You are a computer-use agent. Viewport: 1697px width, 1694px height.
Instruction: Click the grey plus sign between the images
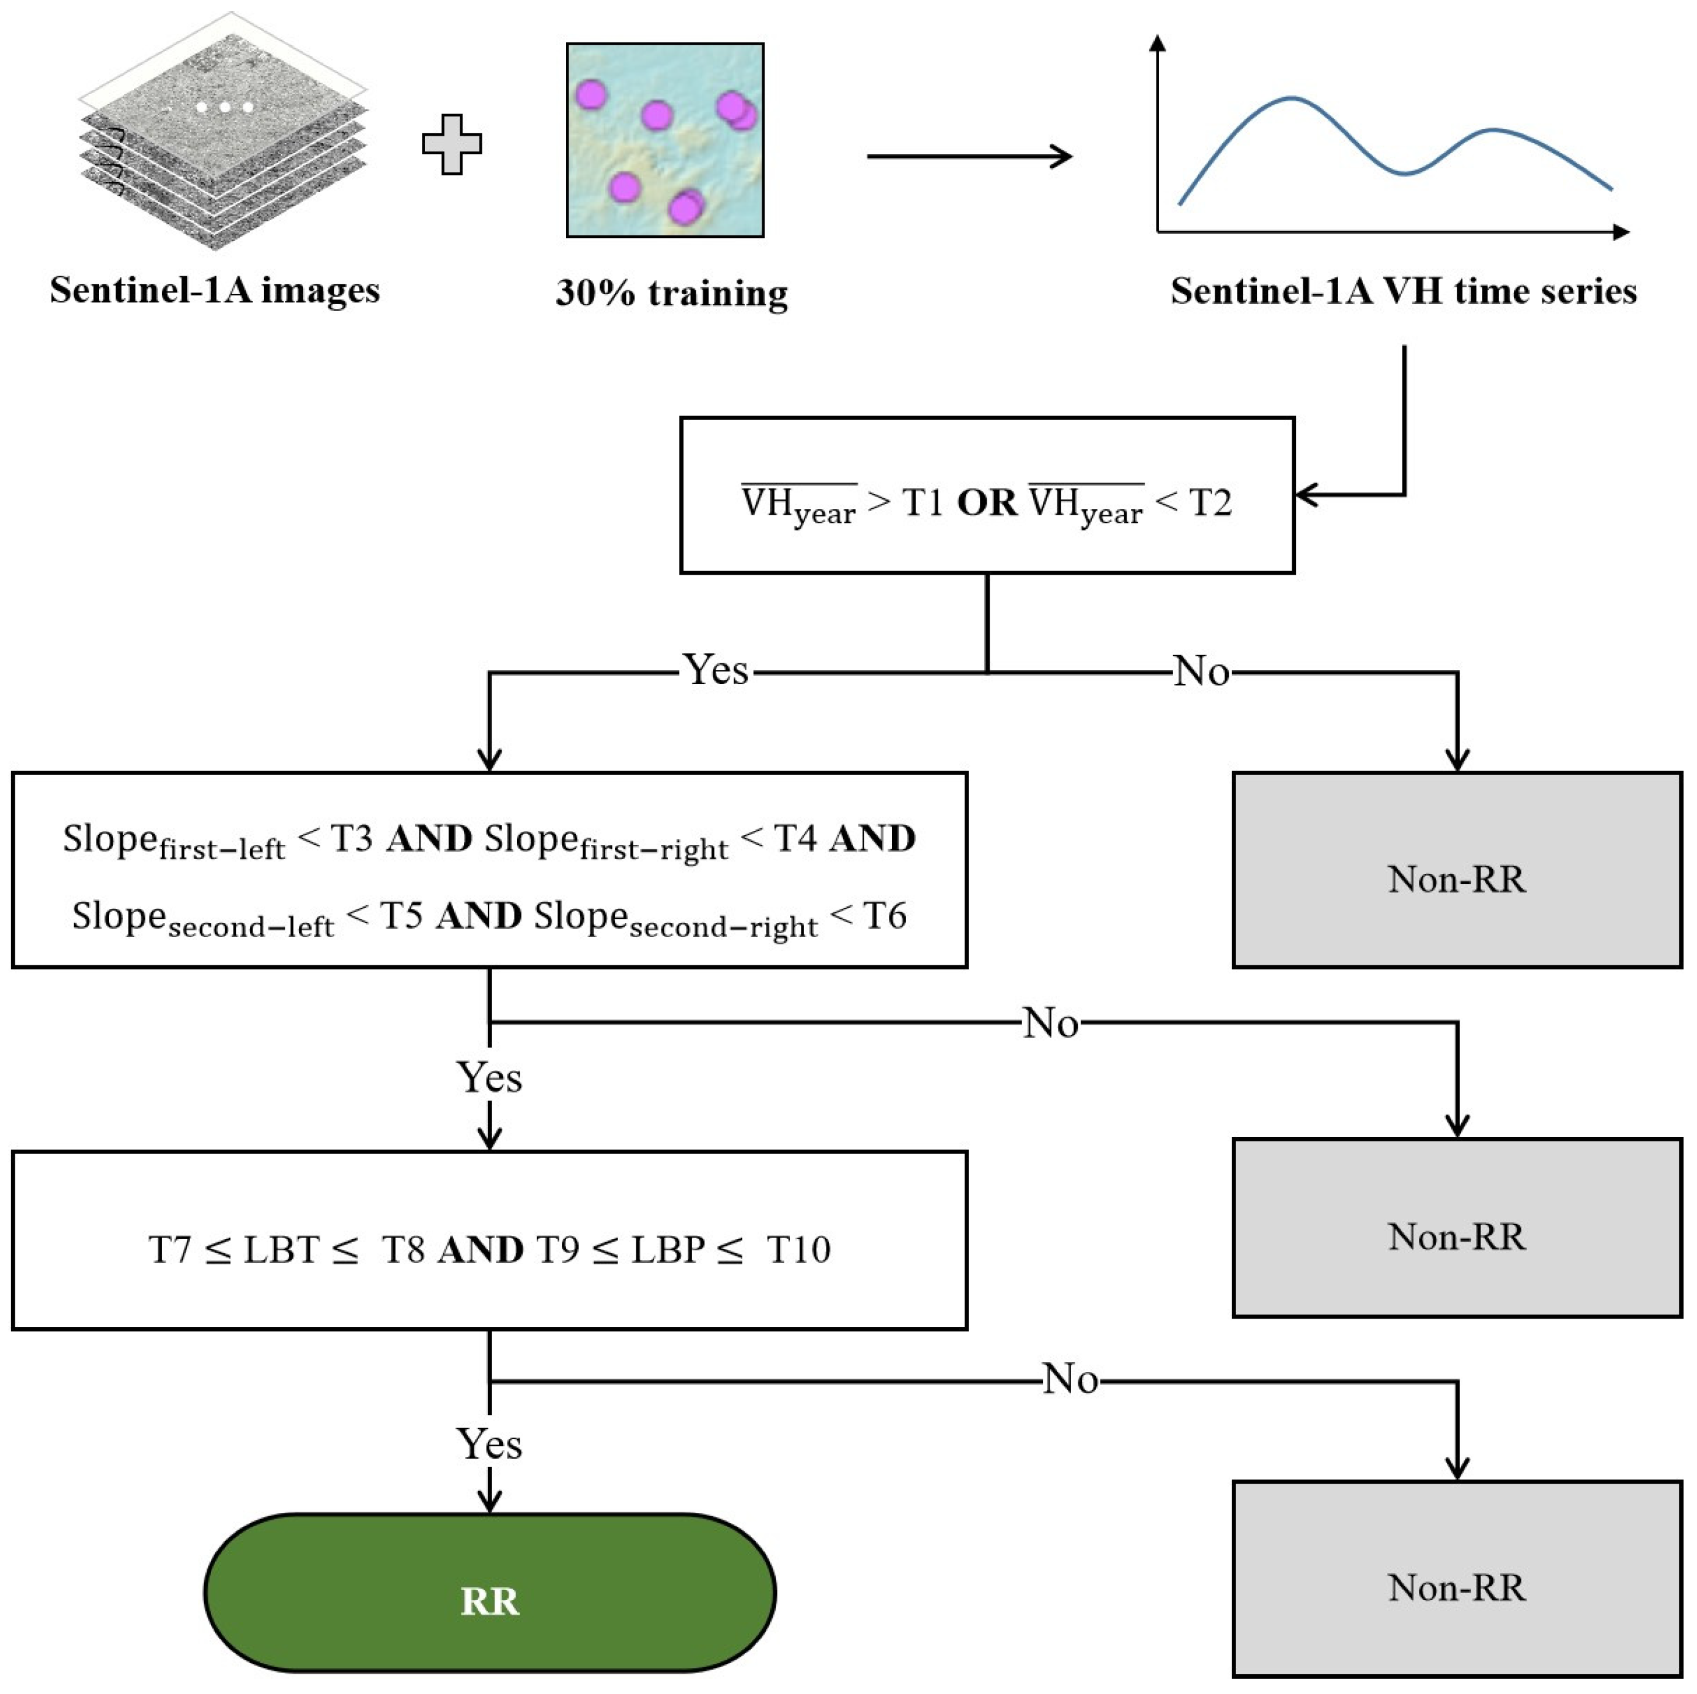[x=452, y=144]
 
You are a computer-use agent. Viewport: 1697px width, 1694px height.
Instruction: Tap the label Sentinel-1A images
[x=215, y=290]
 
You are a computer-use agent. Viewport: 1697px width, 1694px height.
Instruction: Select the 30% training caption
[x=671, y=292]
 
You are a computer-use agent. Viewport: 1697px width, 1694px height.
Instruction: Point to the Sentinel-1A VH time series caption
[x=1403, y=290]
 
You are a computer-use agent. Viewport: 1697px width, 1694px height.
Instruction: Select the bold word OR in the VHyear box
[x=987, y=503]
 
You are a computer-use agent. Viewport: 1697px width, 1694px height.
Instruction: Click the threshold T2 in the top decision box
[x=1210, y=503]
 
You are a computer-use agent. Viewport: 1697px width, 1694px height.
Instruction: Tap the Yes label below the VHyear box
[x=716, y=671]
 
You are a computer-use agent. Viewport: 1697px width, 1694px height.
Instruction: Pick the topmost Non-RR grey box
[x=1456, y=869]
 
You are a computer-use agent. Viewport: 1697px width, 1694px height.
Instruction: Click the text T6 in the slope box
[x=885, y=916]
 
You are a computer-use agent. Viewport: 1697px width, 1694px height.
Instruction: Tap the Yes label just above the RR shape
[x=489, y=1445]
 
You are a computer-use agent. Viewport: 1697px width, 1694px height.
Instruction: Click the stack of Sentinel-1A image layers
[x=224, y=141]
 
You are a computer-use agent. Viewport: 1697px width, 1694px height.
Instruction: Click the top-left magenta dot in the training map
[x=591, y=95]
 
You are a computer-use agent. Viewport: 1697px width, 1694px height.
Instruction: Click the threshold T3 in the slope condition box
[x=352, y=839]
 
